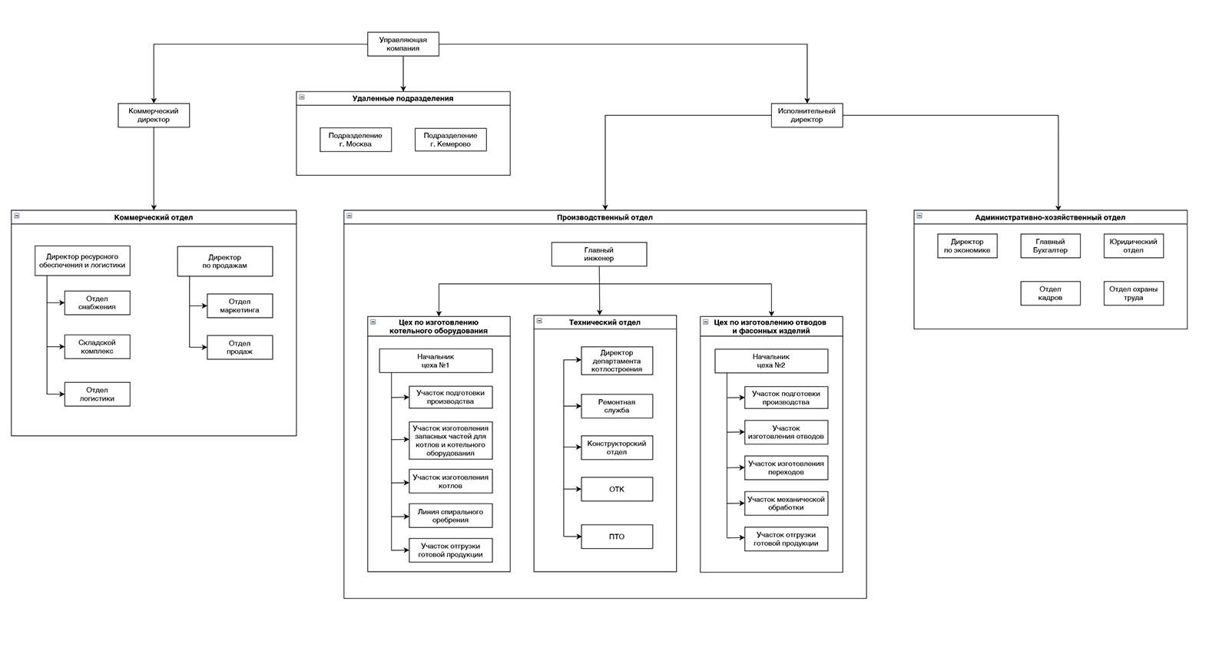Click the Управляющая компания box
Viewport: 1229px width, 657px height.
point(402,44)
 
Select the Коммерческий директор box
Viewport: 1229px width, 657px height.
point(154,115)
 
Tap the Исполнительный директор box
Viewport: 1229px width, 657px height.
point(807,115)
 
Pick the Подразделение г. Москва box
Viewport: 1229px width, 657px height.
point(356,140)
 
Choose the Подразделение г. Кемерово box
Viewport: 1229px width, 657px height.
point(450,140)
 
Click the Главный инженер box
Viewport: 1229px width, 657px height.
point(599,255)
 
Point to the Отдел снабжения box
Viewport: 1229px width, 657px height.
point(97,302)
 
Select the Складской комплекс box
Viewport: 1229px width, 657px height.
point(97,347)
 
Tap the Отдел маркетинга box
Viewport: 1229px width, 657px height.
point(240,306)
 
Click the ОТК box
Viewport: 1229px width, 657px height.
point(617,489)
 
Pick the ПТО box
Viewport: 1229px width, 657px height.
point(617,536)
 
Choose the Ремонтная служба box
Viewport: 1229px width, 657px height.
point(617,406)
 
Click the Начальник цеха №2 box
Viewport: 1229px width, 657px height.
point(771,361)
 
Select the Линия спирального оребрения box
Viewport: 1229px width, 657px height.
point(450,516)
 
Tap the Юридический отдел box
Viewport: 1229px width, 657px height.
point(1134,246)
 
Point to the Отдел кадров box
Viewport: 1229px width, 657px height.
point(1050,293)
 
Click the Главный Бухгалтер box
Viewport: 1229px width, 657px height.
point(1050,246)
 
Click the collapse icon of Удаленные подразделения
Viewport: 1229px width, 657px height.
point(302,97)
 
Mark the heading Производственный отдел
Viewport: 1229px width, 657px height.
point(605,217)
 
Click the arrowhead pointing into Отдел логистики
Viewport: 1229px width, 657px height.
point(61,394)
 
